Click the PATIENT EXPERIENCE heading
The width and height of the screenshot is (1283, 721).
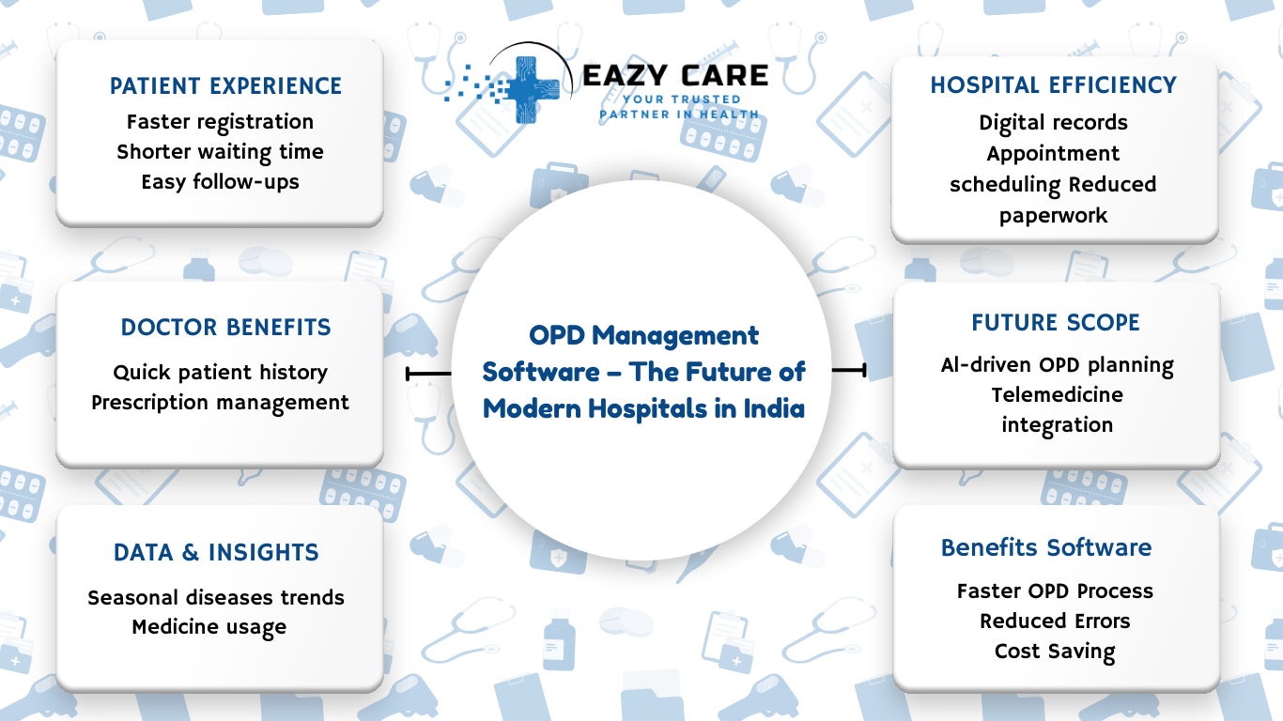coord(225,86)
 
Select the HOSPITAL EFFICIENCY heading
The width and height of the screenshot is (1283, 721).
coord(1053,85)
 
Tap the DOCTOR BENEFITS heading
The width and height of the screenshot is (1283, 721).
coord(225,328)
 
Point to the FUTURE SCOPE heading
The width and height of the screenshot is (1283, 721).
coord(1056,323)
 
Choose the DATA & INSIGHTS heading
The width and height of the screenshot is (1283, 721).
coord(216,553)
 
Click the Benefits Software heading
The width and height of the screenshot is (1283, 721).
coord(1046,547)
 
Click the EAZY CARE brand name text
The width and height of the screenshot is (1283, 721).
coord(675,75)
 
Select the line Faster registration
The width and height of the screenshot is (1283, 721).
coord(220,122)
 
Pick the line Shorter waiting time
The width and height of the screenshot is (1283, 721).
coord(220,152)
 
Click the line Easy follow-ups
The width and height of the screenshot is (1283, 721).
coord(220,182)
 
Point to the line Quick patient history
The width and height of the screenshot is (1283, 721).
coord(220,373)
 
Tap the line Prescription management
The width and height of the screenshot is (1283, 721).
coord(220,403)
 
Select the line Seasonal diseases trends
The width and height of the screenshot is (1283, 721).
coord(216,598)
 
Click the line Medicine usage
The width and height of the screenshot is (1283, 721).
coord(209,627)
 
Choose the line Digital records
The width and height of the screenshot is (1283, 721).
coord(1053,123)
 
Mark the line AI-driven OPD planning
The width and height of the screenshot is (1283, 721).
coord(1057,365)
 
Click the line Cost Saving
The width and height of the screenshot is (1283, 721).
coord(1055,652)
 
